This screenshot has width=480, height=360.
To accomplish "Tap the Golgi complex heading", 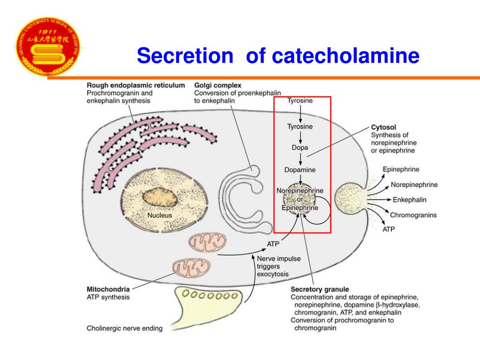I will (x=218, y=85).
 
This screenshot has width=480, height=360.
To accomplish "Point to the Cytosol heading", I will (x=384, y=127).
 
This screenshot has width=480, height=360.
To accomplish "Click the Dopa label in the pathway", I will (x=300, y=148).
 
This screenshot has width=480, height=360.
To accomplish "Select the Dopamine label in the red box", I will (x=300, y=170).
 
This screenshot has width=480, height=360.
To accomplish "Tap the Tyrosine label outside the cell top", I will (x=300, y=100).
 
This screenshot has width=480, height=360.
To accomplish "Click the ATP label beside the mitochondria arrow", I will (x=273, y=244).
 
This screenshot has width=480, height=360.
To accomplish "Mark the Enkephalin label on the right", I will (x=409, y=200).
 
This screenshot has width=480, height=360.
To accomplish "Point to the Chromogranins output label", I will (x=413, y=215).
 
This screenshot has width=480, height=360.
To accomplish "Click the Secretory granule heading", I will (x=320, y=289).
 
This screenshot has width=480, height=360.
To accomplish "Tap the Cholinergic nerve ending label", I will (x=125, y=329).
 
